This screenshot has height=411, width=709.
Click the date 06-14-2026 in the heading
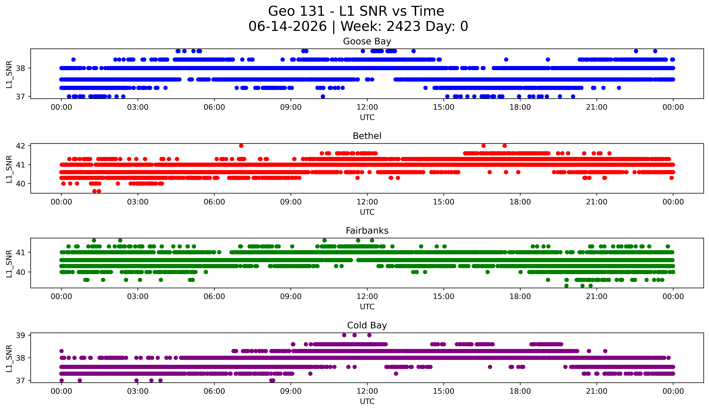[x=288, y=26]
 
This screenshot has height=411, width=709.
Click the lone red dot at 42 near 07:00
[x=241, y=146]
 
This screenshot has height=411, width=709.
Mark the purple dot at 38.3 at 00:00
[x=62, y=351]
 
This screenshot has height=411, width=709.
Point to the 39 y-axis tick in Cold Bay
[x=20, y=335]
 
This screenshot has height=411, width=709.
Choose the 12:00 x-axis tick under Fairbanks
[x=367, y=296]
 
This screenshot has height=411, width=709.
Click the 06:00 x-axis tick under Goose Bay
[x=214, y=107]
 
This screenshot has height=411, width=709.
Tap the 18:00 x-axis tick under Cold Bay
[x=520, y=391]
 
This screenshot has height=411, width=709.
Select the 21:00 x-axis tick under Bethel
[x=597, y=202]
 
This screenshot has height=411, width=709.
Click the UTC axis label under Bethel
[x=367, y=212]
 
